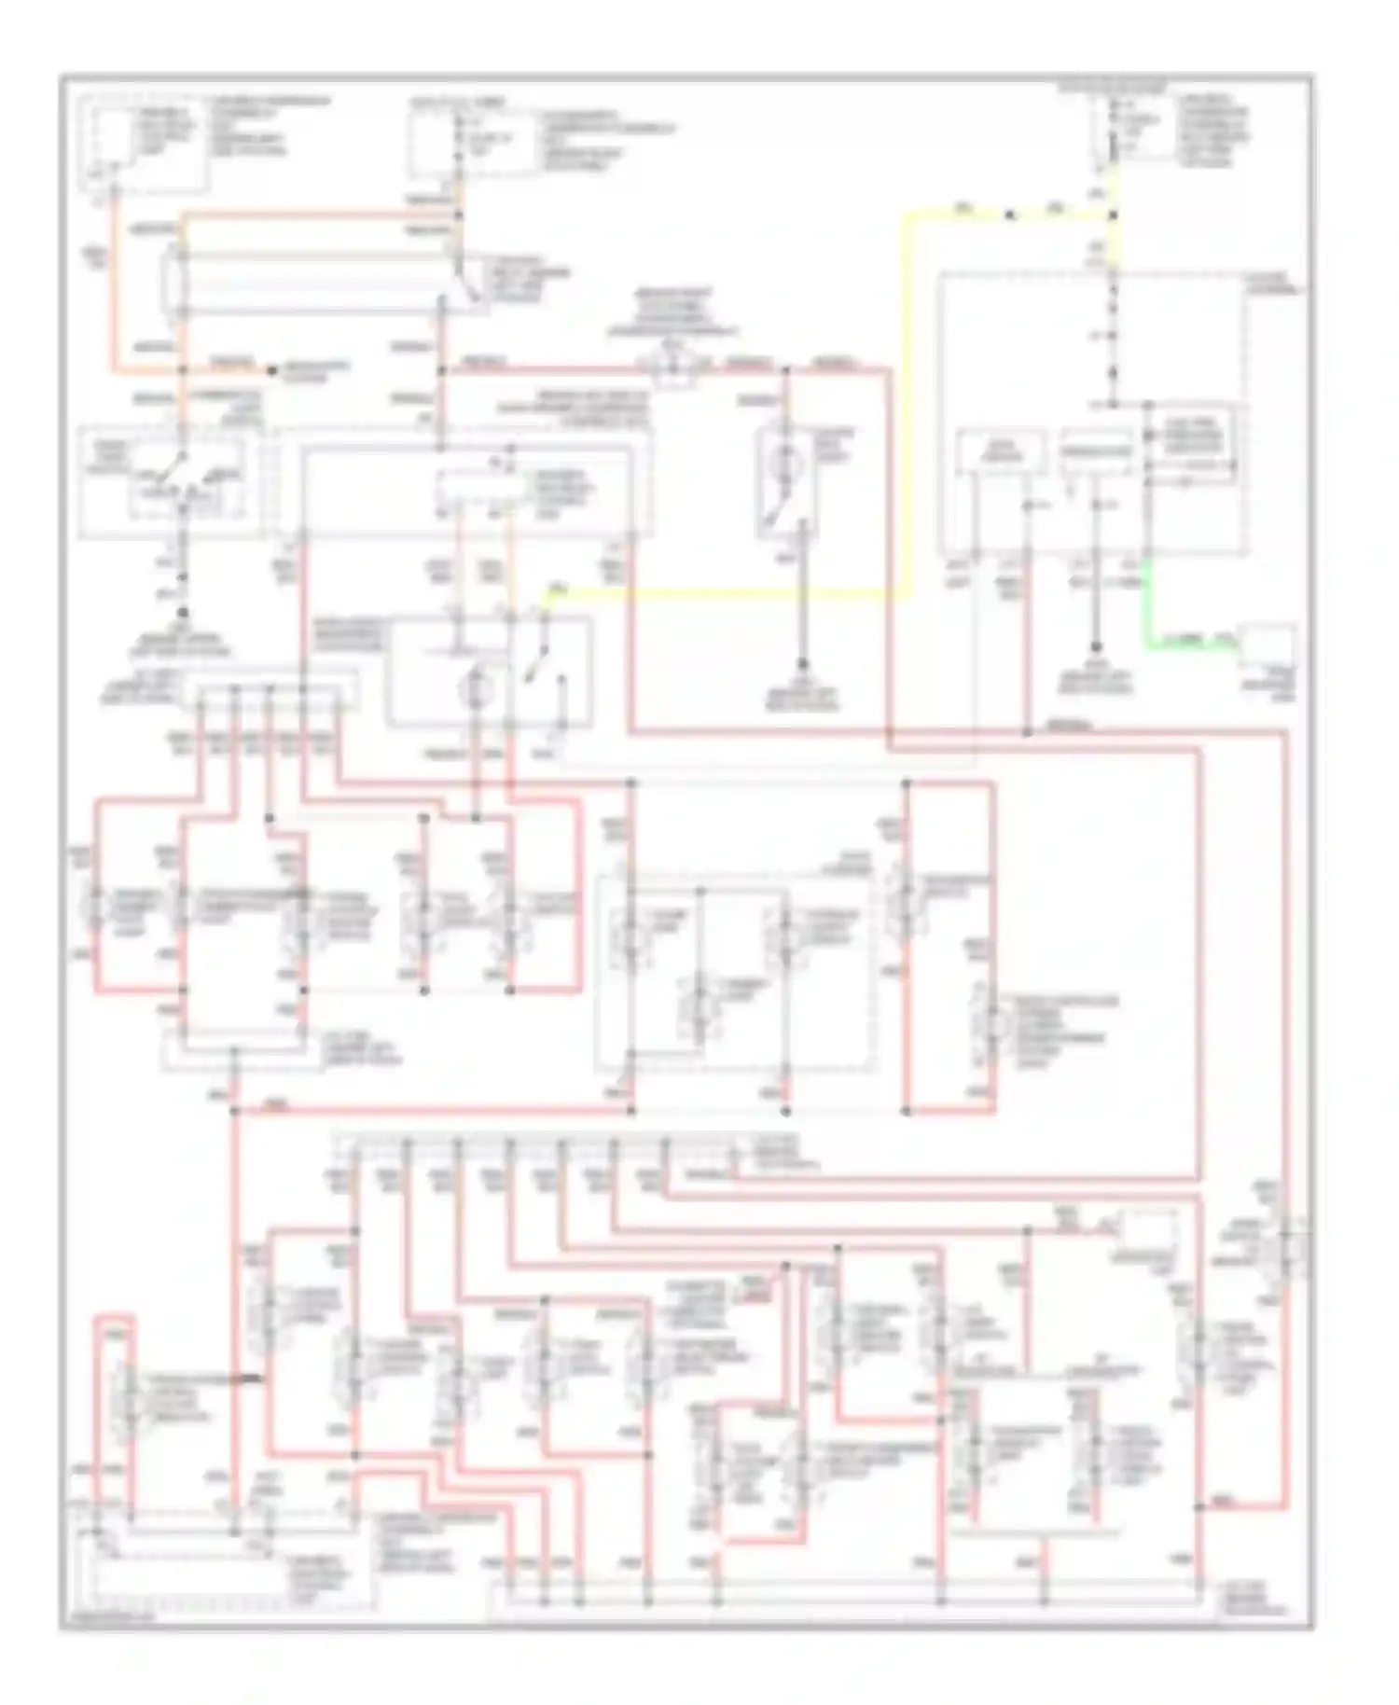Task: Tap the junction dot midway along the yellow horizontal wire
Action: pos(1010,215)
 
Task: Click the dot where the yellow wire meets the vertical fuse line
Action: pos(1114,215)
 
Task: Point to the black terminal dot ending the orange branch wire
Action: pos(271,370)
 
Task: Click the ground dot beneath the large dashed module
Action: pos(1095,647)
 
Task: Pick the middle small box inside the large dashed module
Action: pos(1095,454)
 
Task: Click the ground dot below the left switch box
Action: pos(184,613)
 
